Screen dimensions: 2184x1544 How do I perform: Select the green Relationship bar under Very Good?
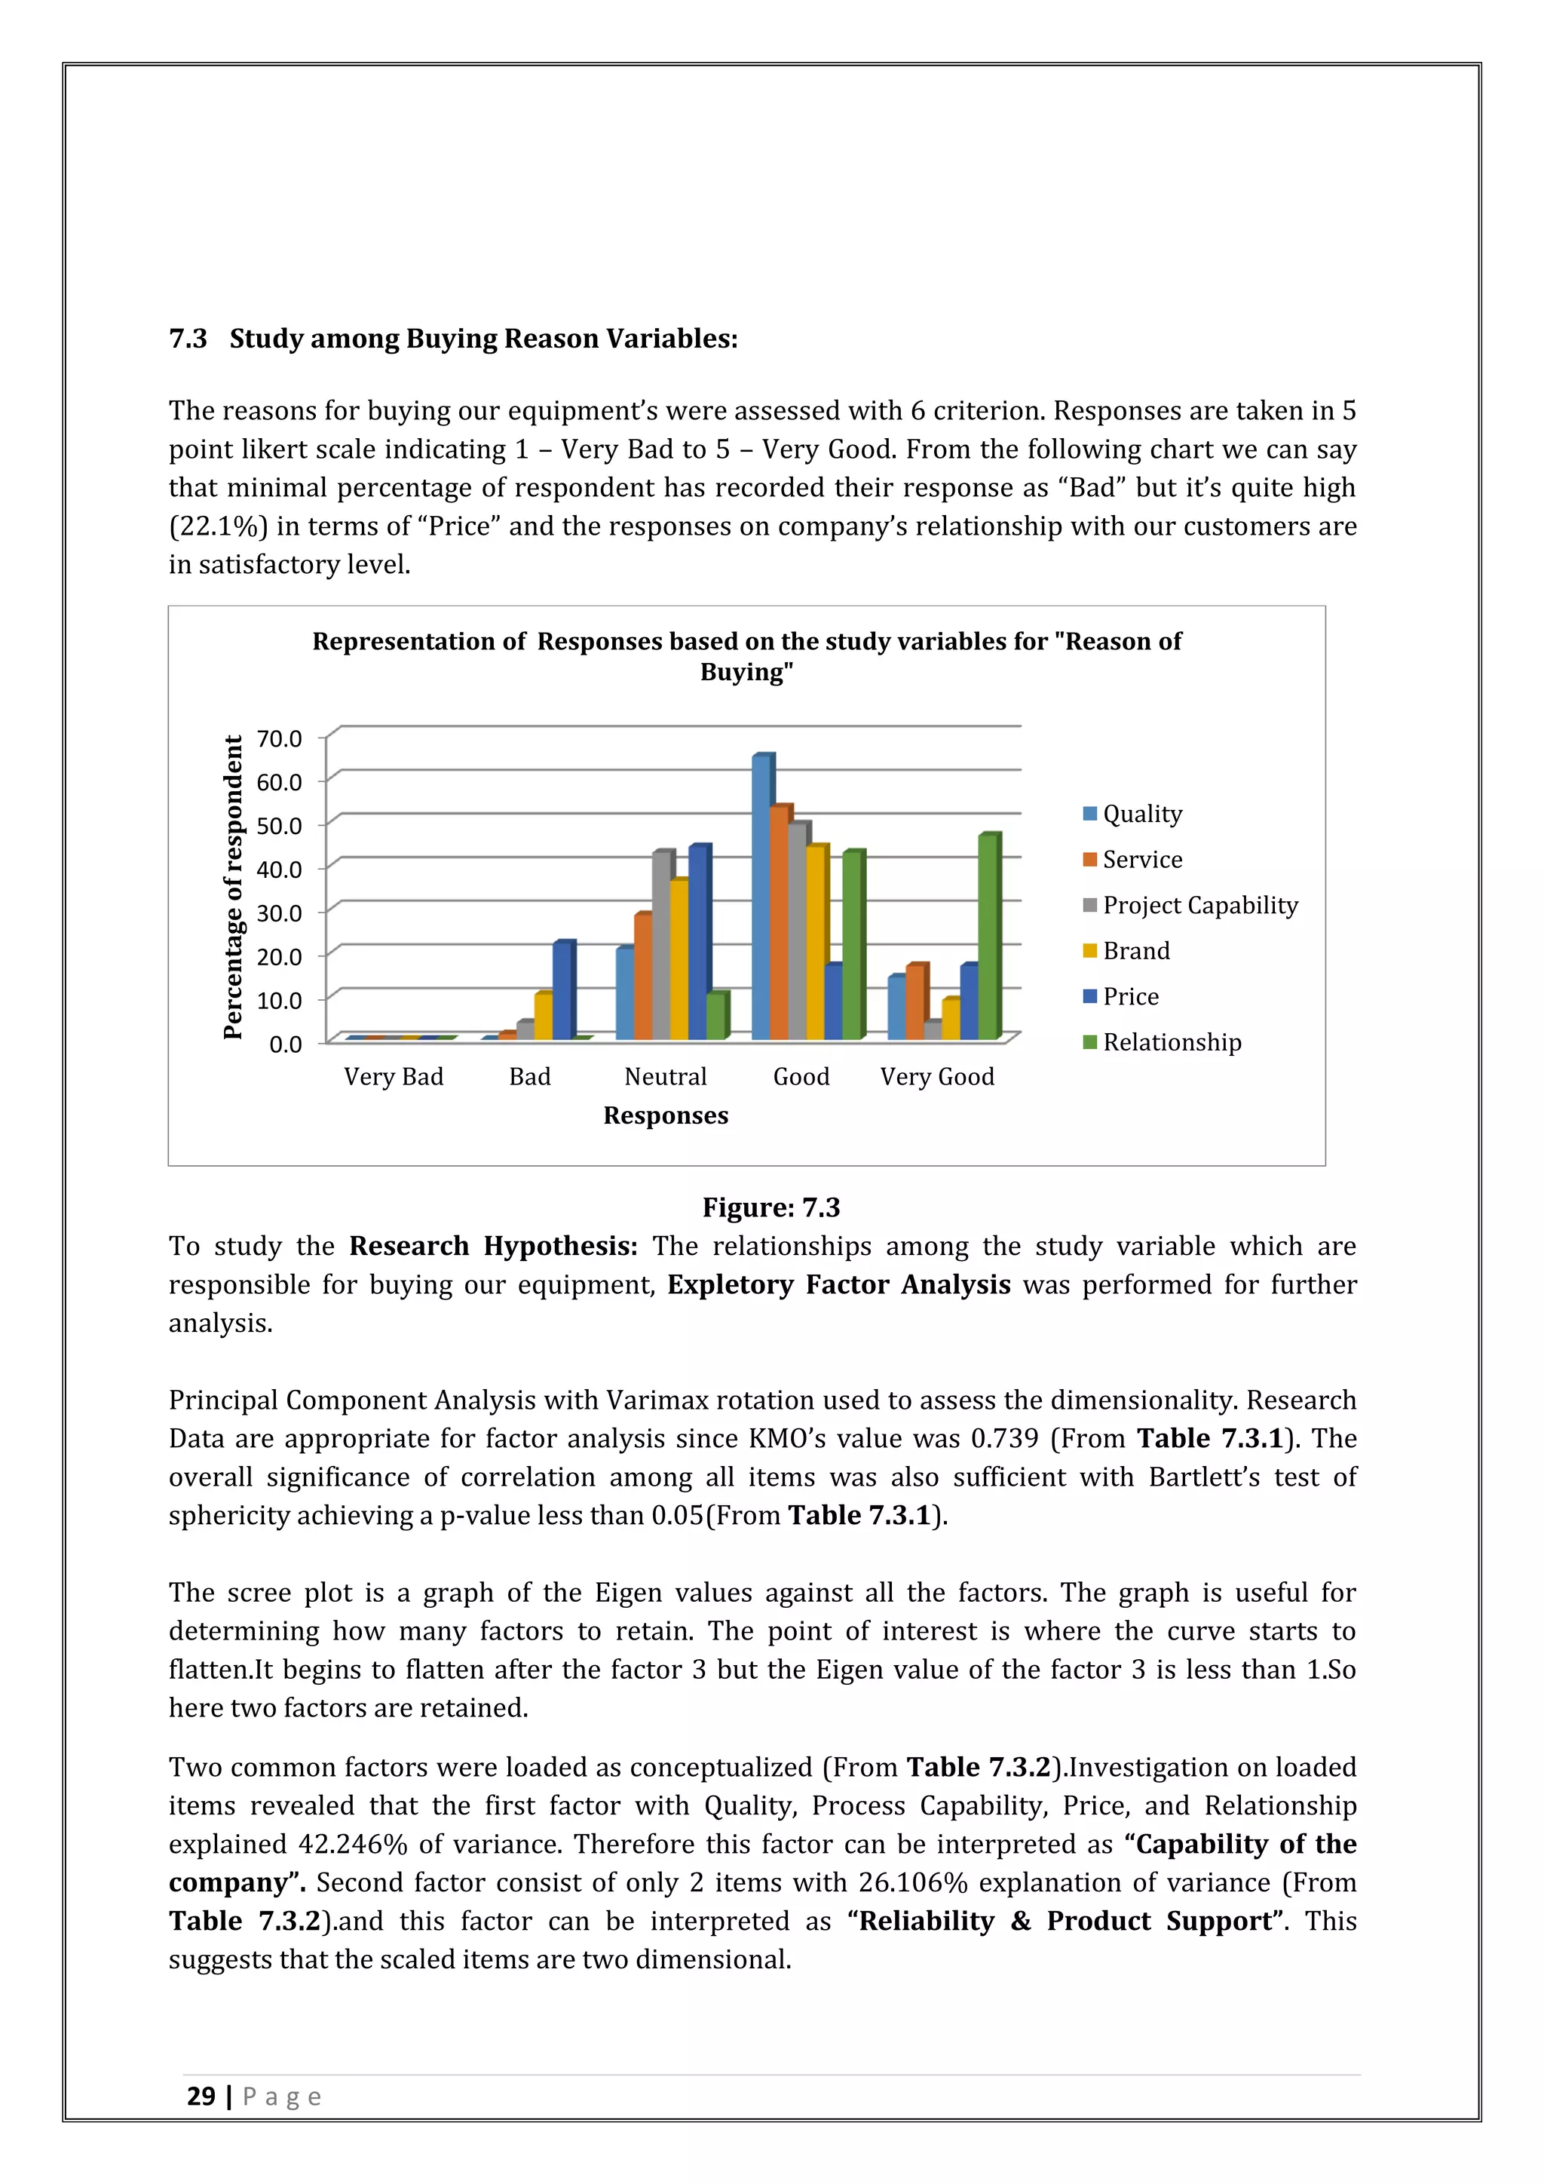coord(988,937)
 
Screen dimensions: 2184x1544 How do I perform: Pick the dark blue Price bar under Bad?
coord(563,990)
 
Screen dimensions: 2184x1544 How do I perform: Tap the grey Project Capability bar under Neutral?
coord(662,946)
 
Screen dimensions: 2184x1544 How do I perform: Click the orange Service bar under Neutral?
coord(642,977)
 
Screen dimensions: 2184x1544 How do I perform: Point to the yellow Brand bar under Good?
coord(816,943)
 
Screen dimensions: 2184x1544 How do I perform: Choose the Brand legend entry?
coord(1135,950)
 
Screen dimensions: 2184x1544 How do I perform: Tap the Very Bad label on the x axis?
coord(394,1077)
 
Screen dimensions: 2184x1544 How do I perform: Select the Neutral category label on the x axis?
coord(666,1077)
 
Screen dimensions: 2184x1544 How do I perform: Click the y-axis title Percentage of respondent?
coord(234,887)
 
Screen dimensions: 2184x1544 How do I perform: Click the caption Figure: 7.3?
coord(771,1207)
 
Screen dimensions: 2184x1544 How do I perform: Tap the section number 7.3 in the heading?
coord(187,339)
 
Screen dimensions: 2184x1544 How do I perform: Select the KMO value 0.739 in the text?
coord(1004,1438)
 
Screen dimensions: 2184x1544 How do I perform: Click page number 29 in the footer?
coord(201,2097)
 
